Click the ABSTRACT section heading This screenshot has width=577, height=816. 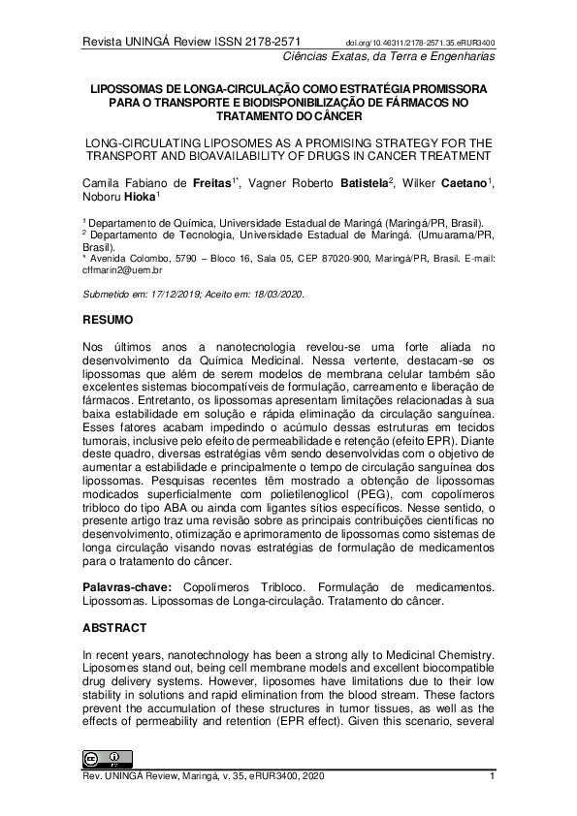click(x=114, y=627)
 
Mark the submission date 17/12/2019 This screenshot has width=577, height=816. click(x=162, y=294)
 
